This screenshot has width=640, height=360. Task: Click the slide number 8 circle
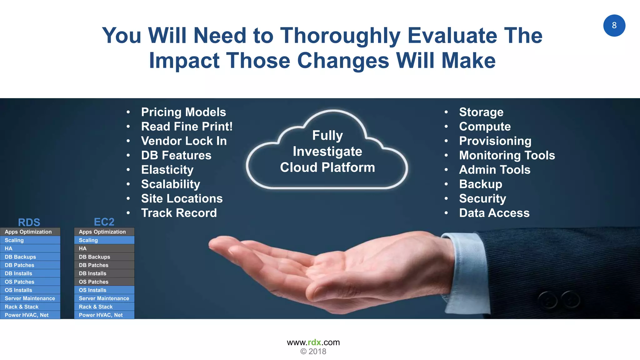click(614, 26)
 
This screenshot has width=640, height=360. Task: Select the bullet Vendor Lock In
click(184, 141)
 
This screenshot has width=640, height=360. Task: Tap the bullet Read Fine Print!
click(187, 127)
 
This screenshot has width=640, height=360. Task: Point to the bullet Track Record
click(179, 213)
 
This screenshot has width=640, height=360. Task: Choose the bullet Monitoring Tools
click(507, 155)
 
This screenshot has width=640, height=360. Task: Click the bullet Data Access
click(494, 213)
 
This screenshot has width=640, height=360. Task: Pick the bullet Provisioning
click(495, 141)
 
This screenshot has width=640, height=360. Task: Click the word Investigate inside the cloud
click(327, 152)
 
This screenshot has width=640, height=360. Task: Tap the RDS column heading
click(29, 222)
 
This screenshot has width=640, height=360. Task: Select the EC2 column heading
click(104, 222)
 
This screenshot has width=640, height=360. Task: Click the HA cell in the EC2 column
click(104, 248)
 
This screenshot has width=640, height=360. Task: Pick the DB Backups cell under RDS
click(30, 257)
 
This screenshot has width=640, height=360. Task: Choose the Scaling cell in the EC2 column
click(104, 240)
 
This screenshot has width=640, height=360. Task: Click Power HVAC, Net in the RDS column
click(30, 315)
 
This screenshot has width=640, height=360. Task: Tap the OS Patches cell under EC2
click(104, 282)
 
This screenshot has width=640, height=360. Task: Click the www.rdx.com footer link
click(313, 342)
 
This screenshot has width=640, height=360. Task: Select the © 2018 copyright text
click(313, 352)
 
